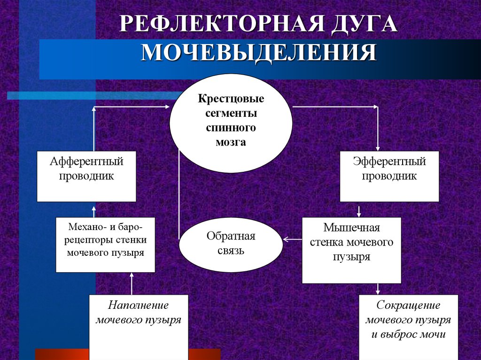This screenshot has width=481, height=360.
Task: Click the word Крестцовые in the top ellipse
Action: coord(231,100)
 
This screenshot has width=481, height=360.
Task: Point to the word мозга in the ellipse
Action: coord(231,142)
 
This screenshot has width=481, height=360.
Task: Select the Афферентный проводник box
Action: coord(86,176)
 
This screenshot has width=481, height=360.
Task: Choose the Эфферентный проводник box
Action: coord(389,176)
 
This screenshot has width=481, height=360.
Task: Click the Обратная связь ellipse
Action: coord(231,243)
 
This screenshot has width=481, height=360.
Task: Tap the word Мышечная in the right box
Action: coord(352,228)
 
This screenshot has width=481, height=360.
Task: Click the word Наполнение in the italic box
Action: coord(139,305)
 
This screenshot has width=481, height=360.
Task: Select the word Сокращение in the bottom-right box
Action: coord(408,305)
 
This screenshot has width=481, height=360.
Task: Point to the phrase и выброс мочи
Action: coord(408,335)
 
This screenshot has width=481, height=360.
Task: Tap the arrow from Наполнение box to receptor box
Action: coord(132,283)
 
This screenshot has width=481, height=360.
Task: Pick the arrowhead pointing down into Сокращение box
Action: coord(378,291)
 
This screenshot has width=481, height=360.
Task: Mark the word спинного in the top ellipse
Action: coord(231,128)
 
